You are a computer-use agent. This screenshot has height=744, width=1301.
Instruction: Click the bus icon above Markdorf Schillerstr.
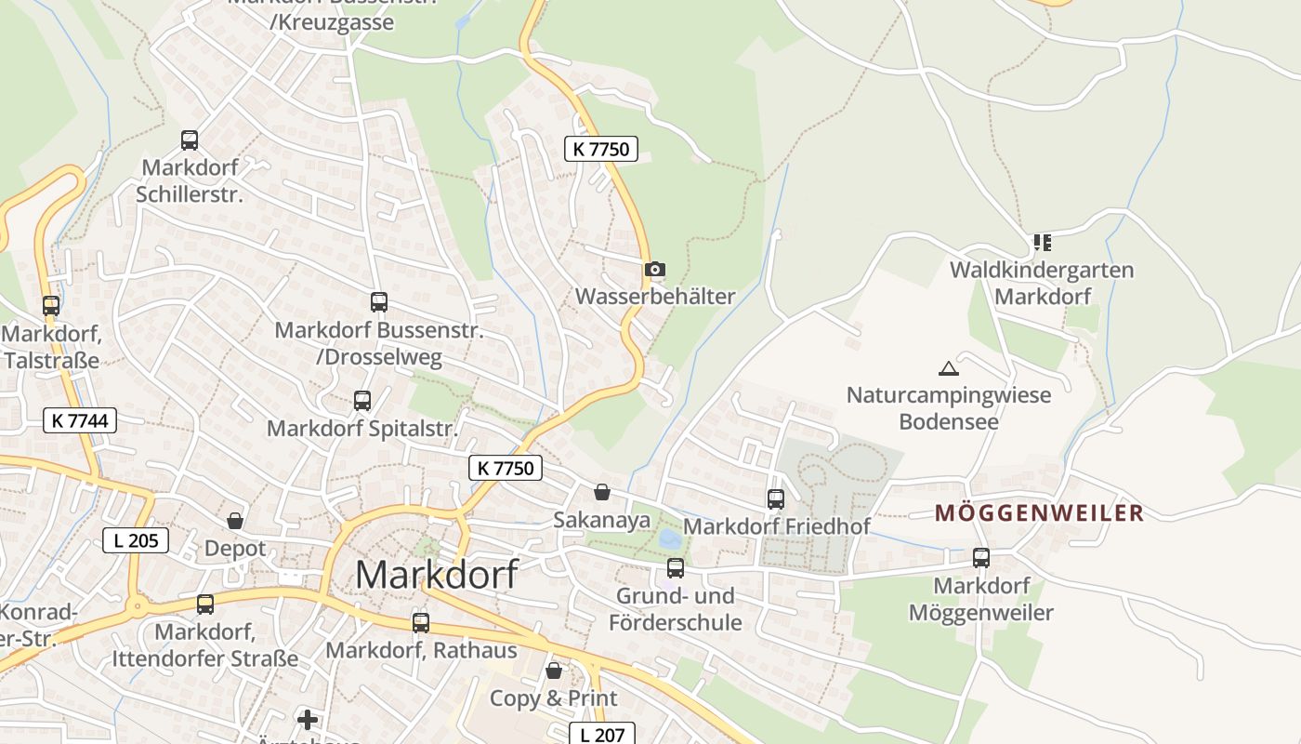point(190,140)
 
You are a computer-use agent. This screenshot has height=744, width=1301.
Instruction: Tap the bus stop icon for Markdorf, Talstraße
point(51,305)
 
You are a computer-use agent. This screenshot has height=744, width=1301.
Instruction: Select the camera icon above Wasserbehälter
point(655,270)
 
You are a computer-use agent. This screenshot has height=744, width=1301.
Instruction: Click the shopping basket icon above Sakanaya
point(602,492)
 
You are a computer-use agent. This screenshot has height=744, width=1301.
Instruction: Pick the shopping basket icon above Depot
point(235,521)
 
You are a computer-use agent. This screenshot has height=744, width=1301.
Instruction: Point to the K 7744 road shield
point(81,420)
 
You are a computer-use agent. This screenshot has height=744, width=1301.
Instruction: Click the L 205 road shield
point(136,539)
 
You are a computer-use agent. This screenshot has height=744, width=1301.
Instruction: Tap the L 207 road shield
point(602,734)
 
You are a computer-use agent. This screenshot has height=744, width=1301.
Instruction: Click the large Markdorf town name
point(436,574)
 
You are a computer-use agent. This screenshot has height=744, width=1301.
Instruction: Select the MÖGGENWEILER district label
point(1039,512)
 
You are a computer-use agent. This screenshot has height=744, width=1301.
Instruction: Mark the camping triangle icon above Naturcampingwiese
point(948,368)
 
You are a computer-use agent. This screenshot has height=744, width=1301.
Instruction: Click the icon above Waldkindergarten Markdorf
point(1042,243)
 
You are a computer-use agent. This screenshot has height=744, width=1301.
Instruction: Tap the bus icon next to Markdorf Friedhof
point(776,498)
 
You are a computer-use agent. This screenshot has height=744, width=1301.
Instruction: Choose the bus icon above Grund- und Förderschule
point(676,567)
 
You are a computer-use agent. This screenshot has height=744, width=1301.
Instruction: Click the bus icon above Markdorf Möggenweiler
point(981,558)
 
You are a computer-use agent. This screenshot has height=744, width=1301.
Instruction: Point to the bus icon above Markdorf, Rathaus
point(421,622)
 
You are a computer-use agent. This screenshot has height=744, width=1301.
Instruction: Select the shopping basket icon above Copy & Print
point(554,671)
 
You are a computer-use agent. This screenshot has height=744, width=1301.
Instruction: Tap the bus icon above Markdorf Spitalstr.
point(362,401)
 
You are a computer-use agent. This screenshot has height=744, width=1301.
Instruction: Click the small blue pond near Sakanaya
point(668,538)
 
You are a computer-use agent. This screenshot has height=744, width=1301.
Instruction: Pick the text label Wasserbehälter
point(655,297)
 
